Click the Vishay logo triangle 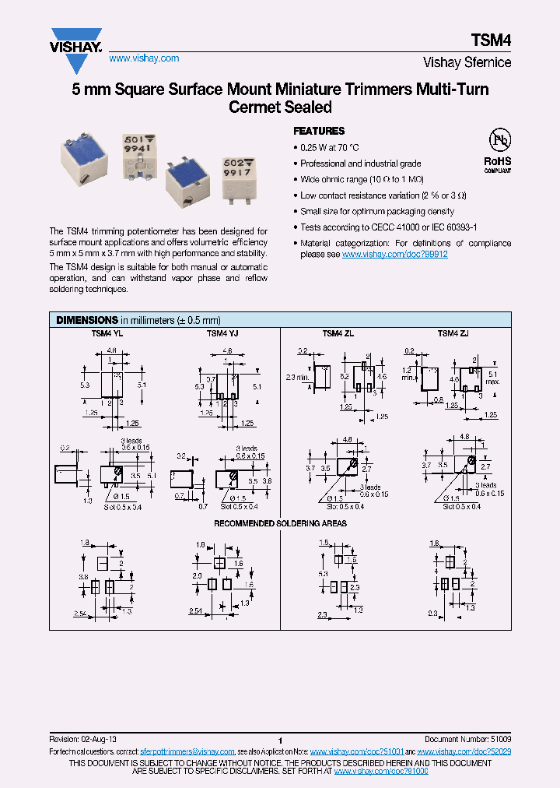click(x=76, y=37)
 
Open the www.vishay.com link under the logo click(x=144, y=58)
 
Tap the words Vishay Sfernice click(x=467, y=62)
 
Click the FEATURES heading click(x=318, y=132)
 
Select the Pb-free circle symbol click(x=499, y=139)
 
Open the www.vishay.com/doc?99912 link click(x=394, y=254)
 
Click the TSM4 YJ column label click(x=222, y=333)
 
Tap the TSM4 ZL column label click(x=337, y=333)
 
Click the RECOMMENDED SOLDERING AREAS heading click(x=280, y=523)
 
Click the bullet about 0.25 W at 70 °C click(x=330, y=147)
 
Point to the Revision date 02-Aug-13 click(x=87, y=737)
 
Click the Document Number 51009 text click(x=467, y=737)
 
